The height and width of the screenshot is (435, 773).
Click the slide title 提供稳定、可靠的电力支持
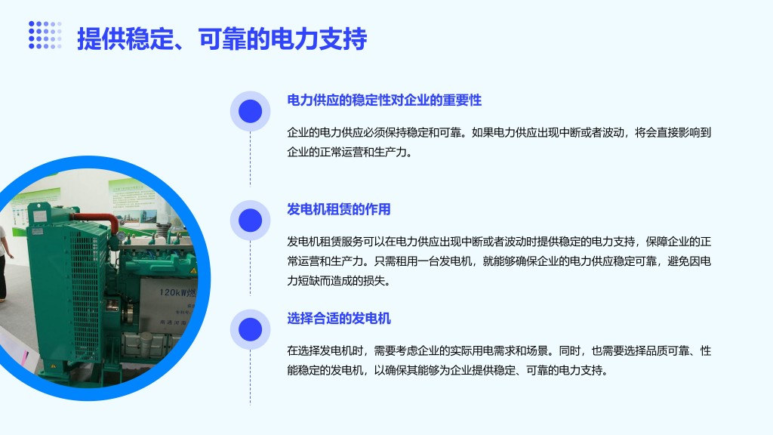click(222, 39)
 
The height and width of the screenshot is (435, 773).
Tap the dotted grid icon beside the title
click(45, 35)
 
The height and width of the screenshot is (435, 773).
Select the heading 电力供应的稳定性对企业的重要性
click(384, 100)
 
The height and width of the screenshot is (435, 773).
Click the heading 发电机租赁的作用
click(339, 209)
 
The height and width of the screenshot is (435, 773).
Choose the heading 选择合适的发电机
click(339, 318)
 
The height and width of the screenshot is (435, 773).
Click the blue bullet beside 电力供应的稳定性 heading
click(250, 111)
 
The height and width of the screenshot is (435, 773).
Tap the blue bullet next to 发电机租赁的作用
click(250, 220)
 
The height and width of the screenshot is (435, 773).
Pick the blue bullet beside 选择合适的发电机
click(250, 329)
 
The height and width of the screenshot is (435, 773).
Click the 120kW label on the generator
click(177, 292)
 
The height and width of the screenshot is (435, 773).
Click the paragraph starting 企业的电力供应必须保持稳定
click(499, 142)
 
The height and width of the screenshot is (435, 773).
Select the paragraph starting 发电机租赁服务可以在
click(499, 261)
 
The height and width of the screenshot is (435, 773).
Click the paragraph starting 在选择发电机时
click(499, 360)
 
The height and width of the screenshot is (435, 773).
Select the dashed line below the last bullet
click(250, 378)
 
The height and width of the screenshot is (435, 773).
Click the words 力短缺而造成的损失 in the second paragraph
click(339, 281)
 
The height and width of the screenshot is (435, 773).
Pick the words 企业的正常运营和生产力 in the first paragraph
click(350, 152)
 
